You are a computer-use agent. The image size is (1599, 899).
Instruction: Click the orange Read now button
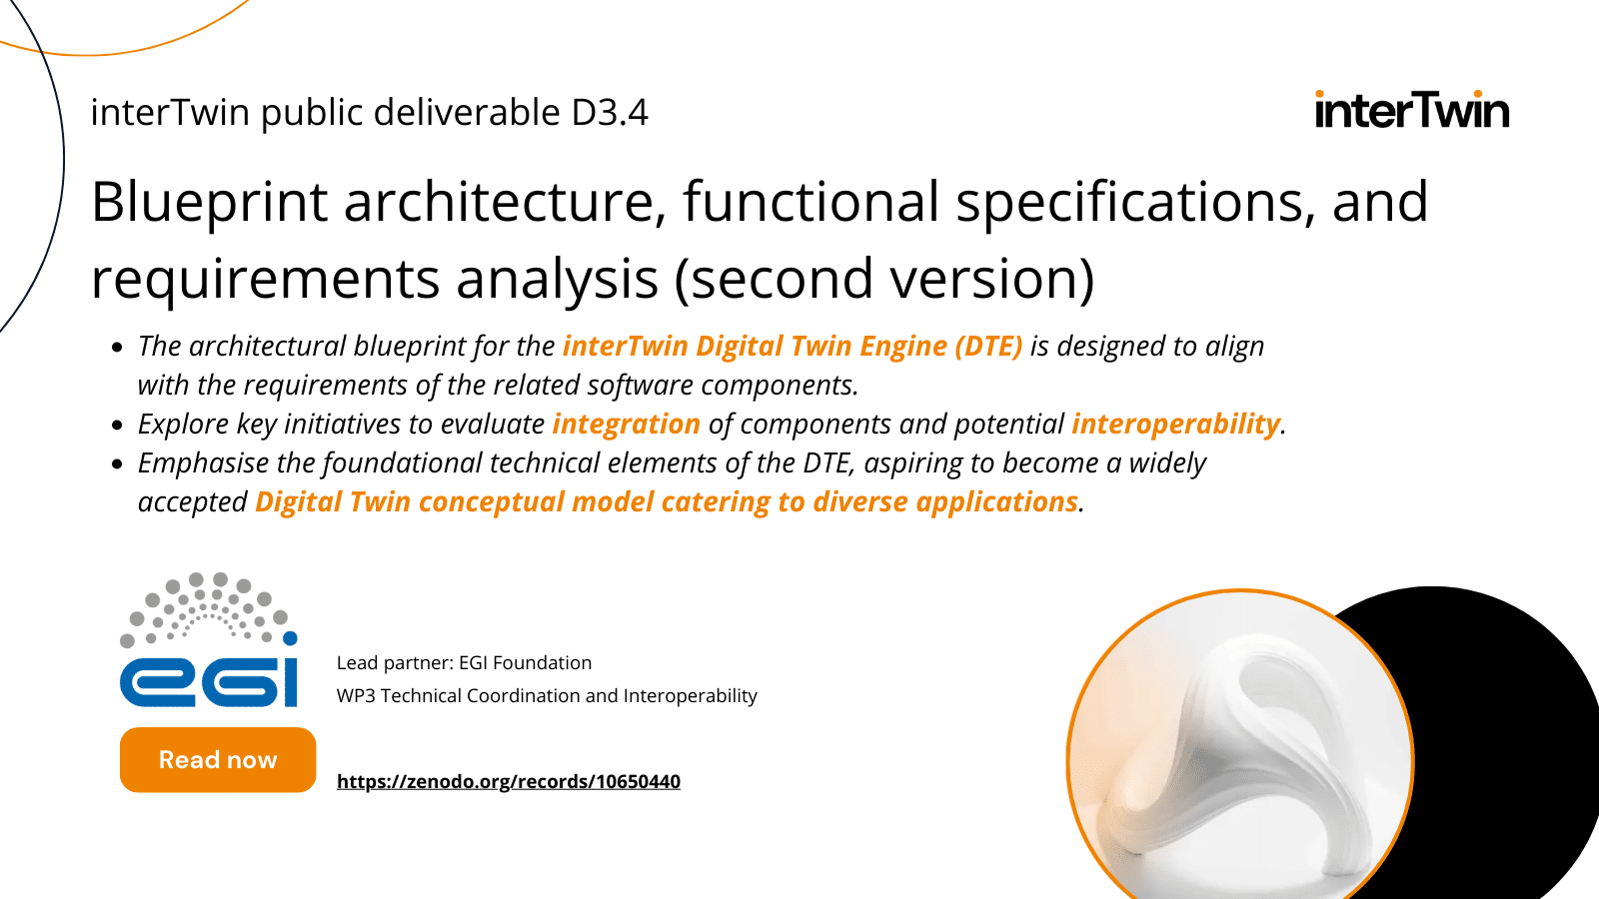coord(218,760)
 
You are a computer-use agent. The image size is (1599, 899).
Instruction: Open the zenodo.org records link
coord(508,781)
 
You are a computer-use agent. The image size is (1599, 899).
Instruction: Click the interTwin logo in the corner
coord(1411,110)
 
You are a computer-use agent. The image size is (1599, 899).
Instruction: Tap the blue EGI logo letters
coord(209,681)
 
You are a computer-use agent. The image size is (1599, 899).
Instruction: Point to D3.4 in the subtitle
coord(610,113)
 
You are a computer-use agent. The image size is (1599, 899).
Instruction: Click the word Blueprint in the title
coord(209,202)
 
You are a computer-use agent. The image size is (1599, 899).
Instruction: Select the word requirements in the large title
coord(265,279)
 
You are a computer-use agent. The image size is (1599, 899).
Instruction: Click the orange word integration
coord(626,425)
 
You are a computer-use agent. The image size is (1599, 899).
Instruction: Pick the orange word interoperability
coord(1175,425)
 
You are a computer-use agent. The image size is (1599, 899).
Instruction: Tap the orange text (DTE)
coord(988,347)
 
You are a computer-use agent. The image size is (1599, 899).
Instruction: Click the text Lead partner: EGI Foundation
coord(464,663)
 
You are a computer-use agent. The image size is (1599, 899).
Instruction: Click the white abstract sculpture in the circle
coord(1239,759)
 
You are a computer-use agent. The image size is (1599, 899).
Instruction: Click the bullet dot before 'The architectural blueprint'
coord(117,348)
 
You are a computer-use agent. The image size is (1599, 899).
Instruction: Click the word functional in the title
coord(810,202)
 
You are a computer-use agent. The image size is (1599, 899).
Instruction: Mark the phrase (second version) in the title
coord(884,279)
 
